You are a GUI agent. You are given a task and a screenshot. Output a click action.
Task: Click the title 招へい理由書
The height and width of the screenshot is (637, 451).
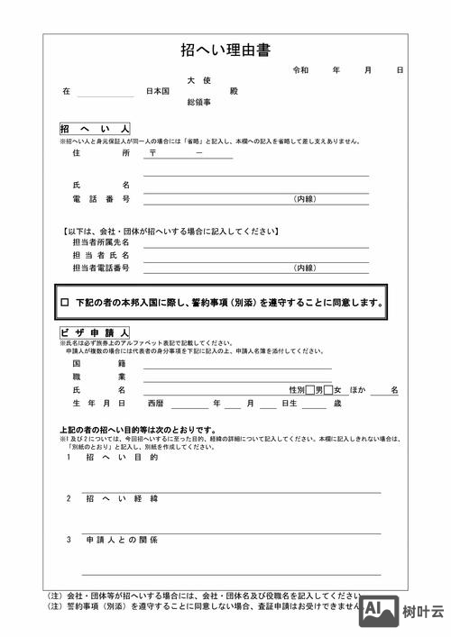pyautogui.click(x=225, y=50)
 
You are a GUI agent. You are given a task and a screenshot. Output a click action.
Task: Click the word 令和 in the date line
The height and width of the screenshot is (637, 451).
pyautogui.click(x=300, y=70)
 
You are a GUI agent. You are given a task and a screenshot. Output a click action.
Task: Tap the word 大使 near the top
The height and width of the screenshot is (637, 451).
pyautogui.click(x=198, y=81)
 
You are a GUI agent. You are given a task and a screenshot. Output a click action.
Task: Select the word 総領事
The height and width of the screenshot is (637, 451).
pyautogui.click(x=198, y=103)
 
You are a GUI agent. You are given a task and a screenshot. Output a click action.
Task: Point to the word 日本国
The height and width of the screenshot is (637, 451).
pyautogui.click(x=159, y=92)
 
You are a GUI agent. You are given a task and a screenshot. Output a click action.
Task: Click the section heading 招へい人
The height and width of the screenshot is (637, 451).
pyautogui.click(x=95, y=130)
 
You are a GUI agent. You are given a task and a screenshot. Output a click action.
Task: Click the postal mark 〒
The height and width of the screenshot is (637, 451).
pyautogui.click(x=153, y=154)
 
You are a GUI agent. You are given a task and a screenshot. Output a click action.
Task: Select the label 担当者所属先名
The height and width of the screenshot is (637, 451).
pyautogui.click(x=100, y=242)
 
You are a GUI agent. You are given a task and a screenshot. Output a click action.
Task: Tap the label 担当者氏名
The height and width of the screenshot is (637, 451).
pyautogui.click(x=100, y=255)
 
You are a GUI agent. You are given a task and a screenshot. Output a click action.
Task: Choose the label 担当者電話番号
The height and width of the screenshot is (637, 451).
pyautogui.click(x=100, y=268)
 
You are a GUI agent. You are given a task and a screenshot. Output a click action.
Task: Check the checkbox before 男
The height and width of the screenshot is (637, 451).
pyautogui.click(x=309, y=390)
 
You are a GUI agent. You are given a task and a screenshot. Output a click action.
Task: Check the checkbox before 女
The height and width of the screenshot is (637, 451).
pyautogui.click(x=329, y=390)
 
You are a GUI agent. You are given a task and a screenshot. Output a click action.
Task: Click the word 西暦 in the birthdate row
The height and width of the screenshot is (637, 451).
pyautogui.click(x=156, y=404)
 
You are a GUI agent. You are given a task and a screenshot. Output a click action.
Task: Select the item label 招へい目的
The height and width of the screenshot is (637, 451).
pyautogui.click(x=122, y=458)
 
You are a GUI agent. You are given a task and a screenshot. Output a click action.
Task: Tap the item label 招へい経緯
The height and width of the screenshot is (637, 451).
pyautogui.click(x=122, y=498)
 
